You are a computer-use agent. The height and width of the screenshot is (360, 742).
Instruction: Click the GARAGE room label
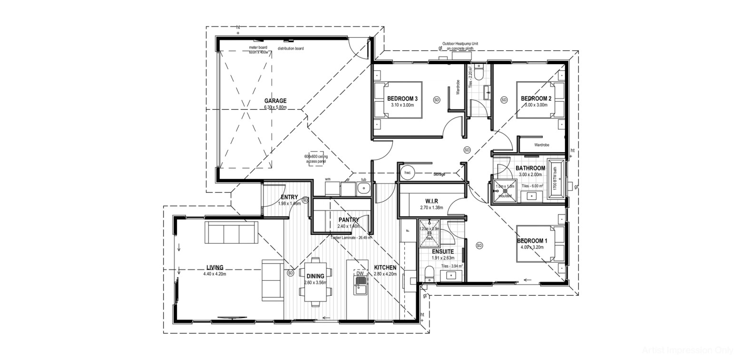point(275,101)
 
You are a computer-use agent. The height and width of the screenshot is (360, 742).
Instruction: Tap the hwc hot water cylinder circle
point(407,173)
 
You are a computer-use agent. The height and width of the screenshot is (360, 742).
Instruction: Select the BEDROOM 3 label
point(402,99)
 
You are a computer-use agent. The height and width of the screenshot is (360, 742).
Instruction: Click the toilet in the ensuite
point(430,274)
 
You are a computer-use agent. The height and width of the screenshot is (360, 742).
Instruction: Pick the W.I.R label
point(431,202)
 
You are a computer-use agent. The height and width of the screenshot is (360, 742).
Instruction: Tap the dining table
point(315,282)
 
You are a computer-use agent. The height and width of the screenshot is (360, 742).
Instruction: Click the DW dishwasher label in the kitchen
point(360,273)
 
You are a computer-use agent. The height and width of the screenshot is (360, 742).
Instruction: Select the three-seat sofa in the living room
point(231,232)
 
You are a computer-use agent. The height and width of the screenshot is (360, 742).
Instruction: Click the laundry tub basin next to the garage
point(364,189)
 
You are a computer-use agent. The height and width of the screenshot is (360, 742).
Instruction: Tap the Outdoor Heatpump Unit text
point(460,44)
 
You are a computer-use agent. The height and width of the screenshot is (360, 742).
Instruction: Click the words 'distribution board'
point(291,49)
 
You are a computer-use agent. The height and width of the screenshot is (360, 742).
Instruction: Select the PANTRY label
point(348,220)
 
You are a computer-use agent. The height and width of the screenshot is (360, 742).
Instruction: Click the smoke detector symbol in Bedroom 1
point(479,245)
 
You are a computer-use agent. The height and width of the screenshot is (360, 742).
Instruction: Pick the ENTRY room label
point(289,197)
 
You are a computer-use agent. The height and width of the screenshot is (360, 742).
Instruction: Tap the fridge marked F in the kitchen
point(408,230)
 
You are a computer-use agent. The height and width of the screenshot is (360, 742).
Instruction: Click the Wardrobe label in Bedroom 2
point(541,145)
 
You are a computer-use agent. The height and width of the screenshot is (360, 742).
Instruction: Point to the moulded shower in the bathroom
point(504,191)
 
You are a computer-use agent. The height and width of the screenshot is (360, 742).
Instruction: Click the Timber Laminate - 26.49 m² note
point(351,237)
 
